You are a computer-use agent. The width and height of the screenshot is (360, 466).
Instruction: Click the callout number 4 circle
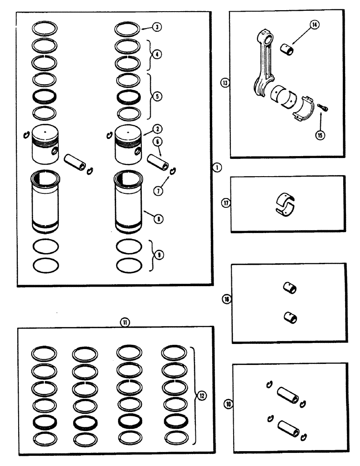(158, 54)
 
